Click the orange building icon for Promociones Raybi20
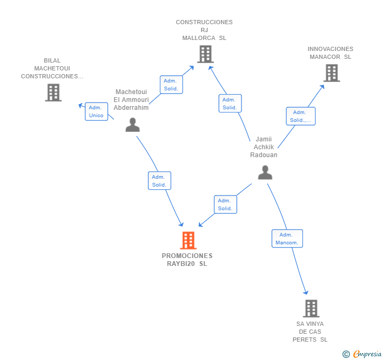click(188, 240)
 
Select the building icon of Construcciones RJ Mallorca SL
click(205, 54)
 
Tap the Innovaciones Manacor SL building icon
click(331, 73)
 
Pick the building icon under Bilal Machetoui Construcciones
click(53, 92)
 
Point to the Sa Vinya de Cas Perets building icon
click(311, 308)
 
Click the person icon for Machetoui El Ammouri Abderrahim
click(133, 125)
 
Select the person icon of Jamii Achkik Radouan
click(265, 172)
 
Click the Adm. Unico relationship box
click(96, 111)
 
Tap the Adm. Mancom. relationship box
click(287, 239)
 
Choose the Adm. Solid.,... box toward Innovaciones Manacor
click(301, 116)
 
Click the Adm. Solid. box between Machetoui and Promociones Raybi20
click(159, 181)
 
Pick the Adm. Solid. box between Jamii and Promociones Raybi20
click(226, 204)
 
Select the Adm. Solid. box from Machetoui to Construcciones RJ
click(171, 85)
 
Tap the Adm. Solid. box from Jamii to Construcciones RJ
click(230, 103)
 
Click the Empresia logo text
click(367, 354)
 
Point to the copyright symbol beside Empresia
click(346, 354)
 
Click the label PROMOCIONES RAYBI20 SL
click(187, 260)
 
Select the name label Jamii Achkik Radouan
click(264, 147)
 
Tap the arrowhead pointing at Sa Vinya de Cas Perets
click(306, 292)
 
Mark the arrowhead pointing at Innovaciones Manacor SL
click(322, 87)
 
